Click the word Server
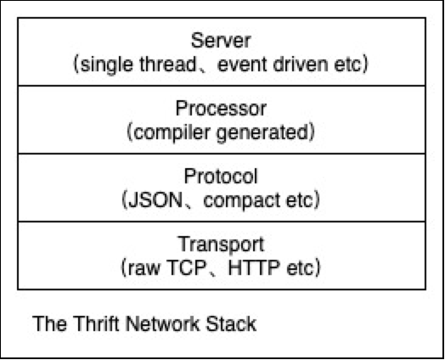point(221,41)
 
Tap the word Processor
point(221,109)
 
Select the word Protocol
point(221,176)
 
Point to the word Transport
point(221,245)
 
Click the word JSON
point(155,200)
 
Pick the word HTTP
point(254,267)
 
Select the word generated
point(262,133)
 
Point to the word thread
point(167,65)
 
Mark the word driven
point(301,65)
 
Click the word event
point(243,65)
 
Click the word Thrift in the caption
point(97,323)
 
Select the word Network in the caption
point(163,323)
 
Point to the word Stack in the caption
point(231,323)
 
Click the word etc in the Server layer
point(347,65)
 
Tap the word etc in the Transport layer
point(300,268)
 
